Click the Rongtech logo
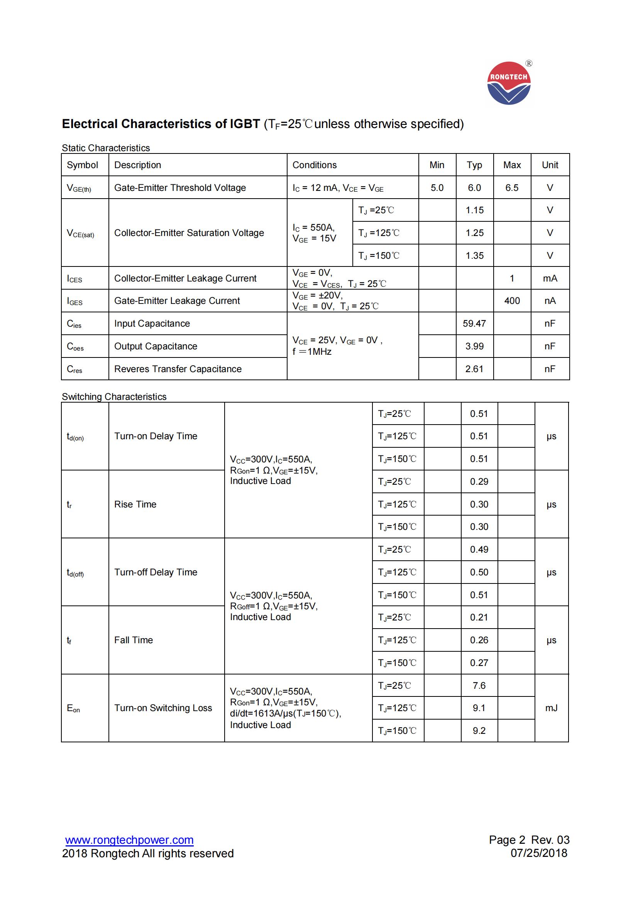coord(509,83)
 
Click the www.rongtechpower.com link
coord(129,840)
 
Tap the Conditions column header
coord(315,165)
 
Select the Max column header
coord(512,165)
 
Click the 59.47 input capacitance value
coord(474,324)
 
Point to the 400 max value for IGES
coord(512,301)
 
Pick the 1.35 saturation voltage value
coord(474,256)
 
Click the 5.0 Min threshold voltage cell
coord(437,188)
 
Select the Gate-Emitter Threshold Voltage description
coord(180,188)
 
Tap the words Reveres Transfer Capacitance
coord(178,369)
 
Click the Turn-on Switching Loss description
coord(163,708)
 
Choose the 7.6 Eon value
coord(479,686)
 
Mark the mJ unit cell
coord(551,708)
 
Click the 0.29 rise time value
coord(479,482)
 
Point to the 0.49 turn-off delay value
coord(479,550)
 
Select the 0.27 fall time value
coord(479,663)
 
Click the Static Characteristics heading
coord(106,148)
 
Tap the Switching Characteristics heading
coord(114,397)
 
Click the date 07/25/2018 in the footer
coord(538,853)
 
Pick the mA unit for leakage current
coord(550,278)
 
